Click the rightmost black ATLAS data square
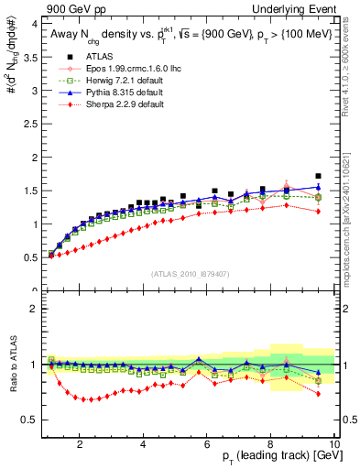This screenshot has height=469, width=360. pyautogui.click(x=318, y=176)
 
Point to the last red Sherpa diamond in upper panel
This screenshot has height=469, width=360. pyautogui.click(x=318, y=212)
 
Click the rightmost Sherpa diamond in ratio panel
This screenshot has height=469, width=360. pyautogui.click(x=318, y=394)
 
